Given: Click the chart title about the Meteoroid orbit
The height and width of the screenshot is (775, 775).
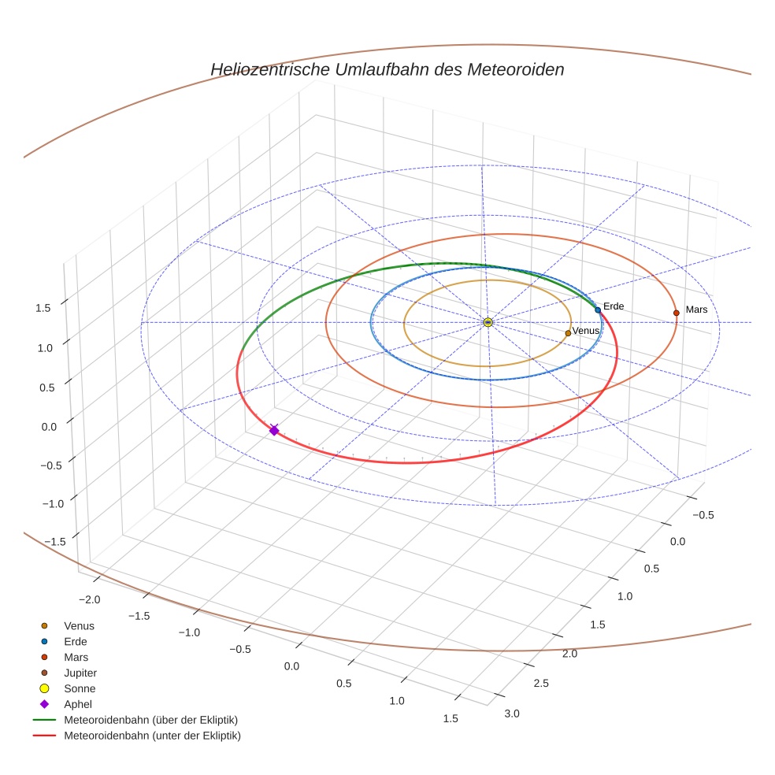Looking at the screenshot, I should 387,69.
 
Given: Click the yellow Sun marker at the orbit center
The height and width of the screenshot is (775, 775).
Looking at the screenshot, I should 488,322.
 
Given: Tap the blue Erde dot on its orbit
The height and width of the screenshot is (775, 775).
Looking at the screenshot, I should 598,310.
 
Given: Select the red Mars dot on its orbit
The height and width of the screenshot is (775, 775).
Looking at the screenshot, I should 676,313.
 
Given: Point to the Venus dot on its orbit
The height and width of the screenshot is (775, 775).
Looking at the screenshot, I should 568,333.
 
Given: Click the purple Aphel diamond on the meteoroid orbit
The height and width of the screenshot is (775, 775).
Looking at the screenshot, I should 274,430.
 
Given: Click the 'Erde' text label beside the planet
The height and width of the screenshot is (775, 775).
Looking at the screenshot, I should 614,306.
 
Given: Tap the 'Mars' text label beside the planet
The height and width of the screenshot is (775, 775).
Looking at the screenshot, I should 696,310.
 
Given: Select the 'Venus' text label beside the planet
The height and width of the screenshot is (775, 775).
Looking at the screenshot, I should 586,331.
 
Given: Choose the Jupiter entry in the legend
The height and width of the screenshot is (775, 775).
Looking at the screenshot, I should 80,673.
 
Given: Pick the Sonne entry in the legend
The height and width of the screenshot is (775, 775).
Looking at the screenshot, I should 80,689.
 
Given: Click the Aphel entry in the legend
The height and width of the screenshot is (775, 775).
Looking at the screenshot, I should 78,705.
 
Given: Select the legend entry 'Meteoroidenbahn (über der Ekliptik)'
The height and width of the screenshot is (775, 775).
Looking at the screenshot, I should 150,721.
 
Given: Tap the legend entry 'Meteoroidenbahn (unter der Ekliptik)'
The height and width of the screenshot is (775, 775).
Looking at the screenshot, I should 152,736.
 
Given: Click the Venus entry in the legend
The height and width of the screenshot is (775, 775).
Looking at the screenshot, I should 79,626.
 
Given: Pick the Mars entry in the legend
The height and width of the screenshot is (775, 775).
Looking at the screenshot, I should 76,658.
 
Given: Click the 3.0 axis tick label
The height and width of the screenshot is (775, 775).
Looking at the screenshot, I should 511,714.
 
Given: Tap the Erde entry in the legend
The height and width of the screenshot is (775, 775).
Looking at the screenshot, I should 76,642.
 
